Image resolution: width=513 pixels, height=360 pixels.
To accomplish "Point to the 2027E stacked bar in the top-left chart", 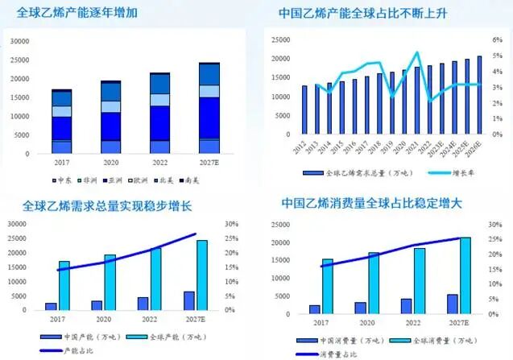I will pyautogui.click(x=209, y=108).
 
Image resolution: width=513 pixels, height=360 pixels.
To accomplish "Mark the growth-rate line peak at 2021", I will pyautogui.click(x=417, y=53).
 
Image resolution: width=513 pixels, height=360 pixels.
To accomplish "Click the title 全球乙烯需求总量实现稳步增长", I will pyautogui.click(x=106, y=206).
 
